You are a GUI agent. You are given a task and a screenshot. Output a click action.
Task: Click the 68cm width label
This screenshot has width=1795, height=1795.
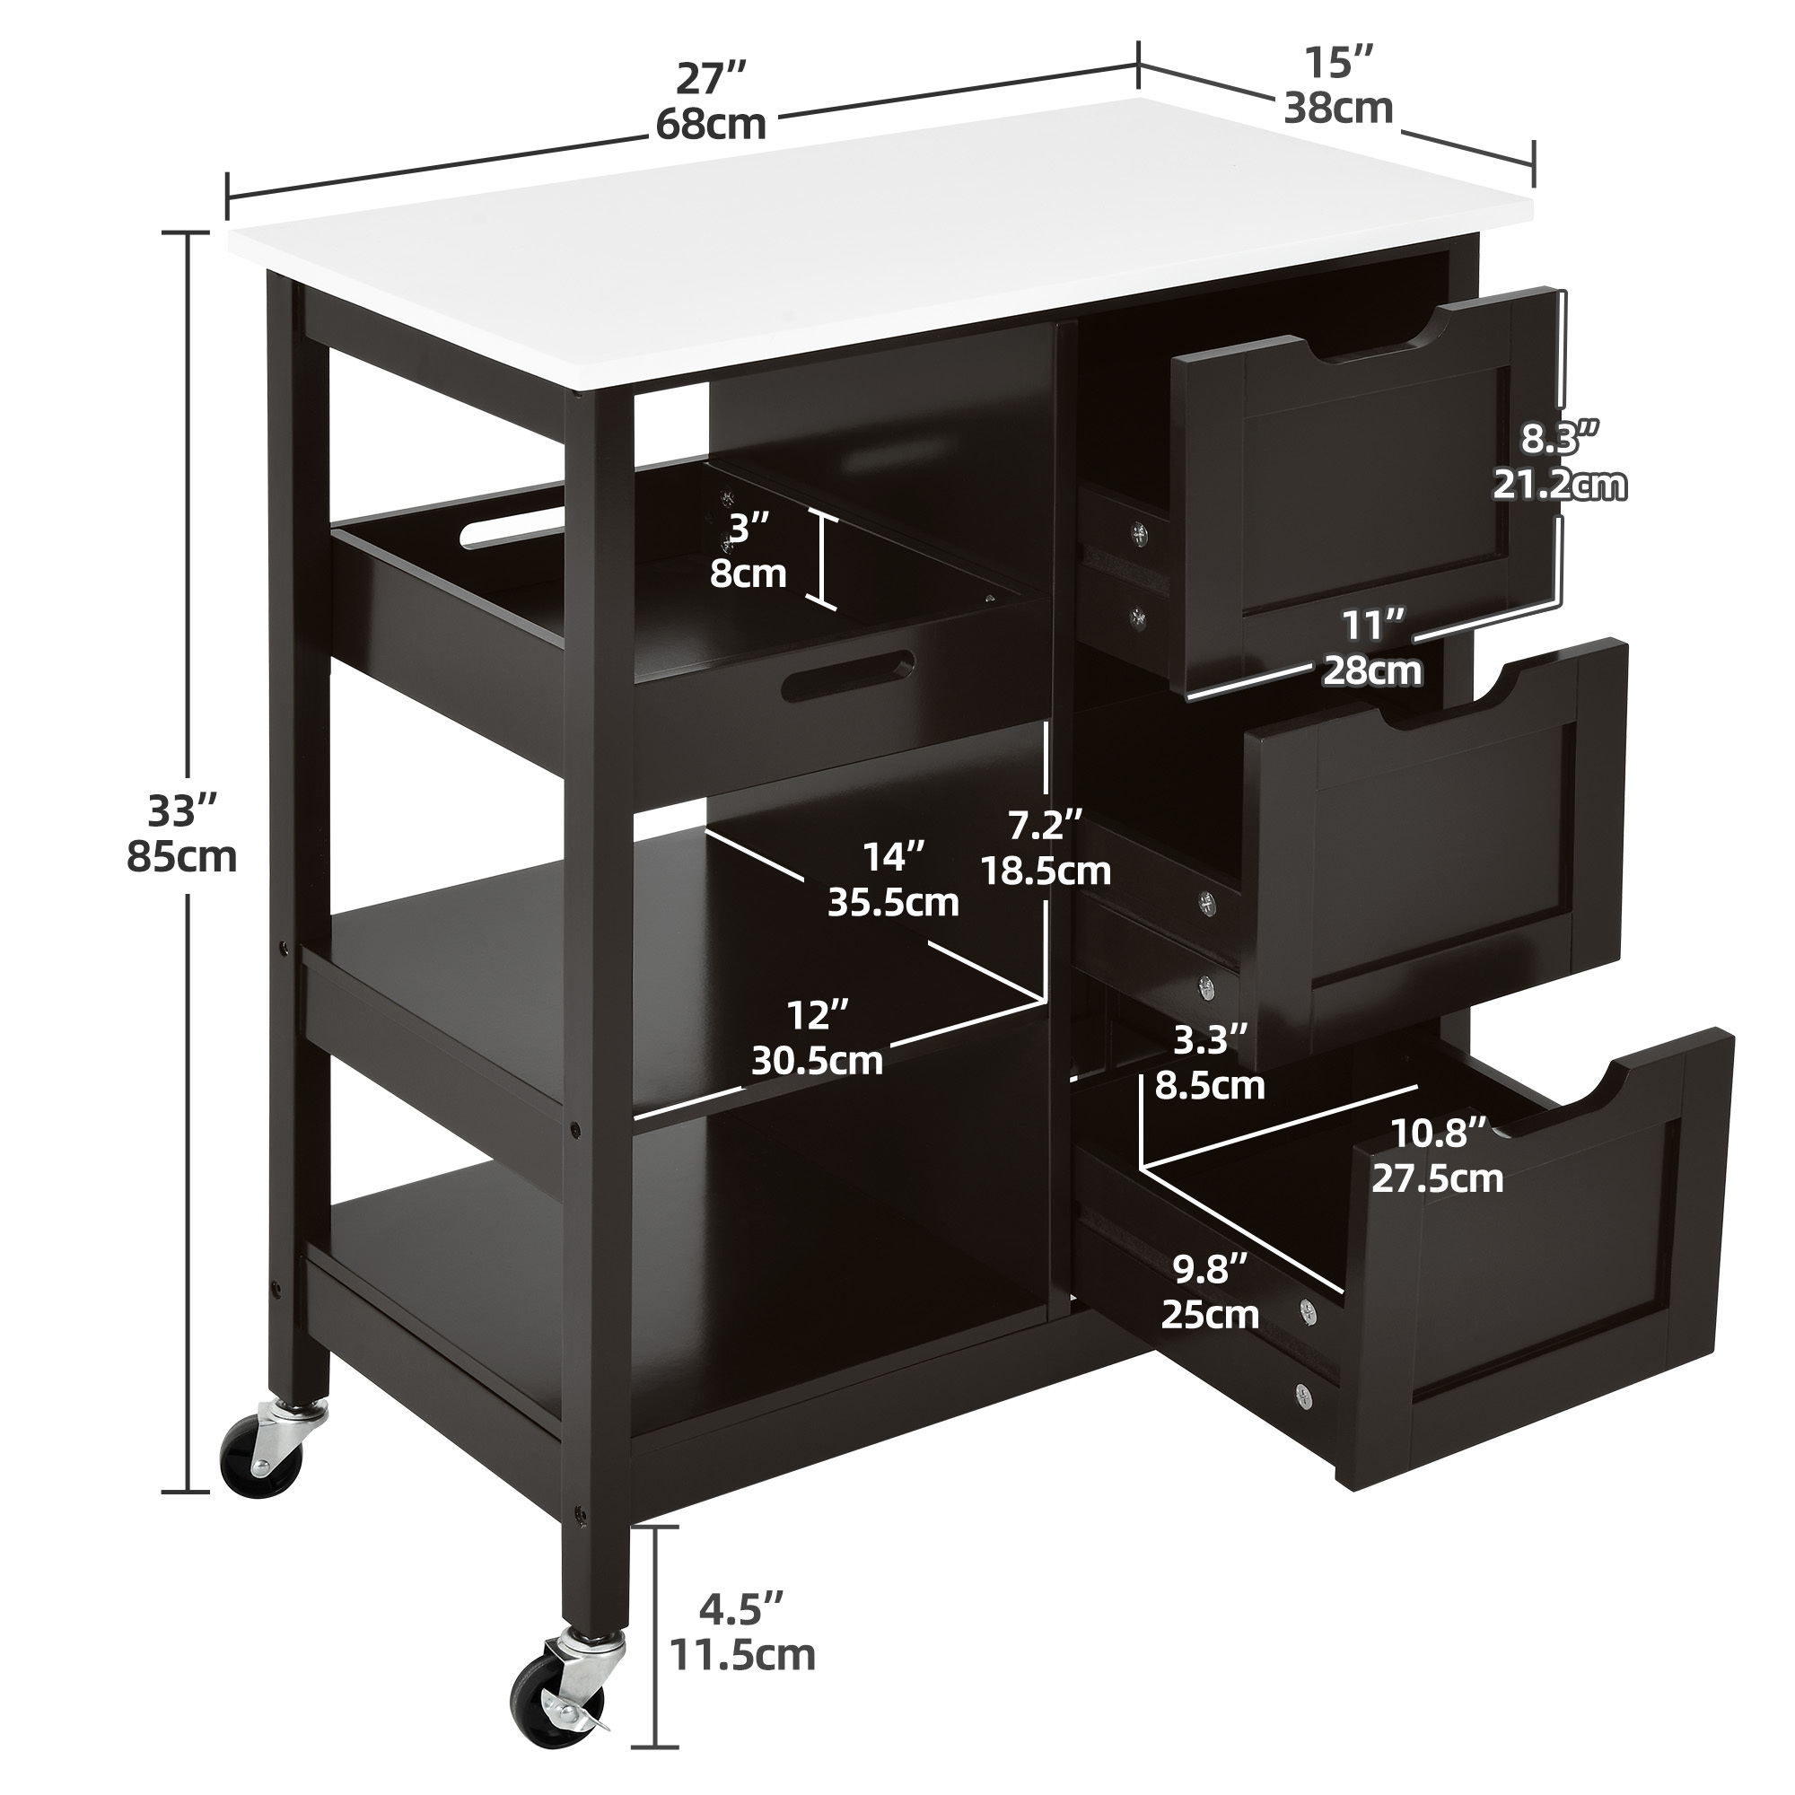(x=712, y=124)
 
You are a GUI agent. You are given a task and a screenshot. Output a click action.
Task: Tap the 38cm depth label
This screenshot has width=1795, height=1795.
(x=1339, y=109)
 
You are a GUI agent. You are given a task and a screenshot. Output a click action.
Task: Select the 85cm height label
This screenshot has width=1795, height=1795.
(x=182, y=855)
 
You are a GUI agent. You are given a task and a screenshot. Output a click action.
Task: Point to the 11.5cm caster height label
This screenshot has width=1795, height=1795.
(x=744, y=1655)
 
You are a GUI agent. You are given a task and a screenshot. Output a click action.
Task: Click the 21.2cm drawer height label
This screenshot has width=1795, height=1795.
(x=1560, y=484)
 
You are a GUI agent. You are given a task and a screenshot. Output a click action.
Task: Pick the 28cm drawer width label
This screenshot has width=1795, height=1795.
(x=1373, y=670)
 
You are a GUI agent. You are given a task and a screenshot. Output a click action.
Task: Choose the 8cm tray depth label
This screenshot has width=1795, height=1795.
(x=748, y=574)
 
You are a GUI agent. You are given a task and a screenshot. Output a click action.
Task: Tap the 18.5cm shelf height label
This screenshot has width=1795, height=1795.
(x=1046, y=871)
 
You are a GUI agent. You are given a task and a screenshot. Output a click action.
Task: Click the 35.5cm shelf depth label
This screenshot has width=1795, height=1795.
(x=893, y=902)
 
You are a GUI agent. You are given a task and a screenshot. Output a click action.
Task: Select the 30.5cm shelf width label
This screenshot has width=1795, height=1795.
(x=817, y=1060)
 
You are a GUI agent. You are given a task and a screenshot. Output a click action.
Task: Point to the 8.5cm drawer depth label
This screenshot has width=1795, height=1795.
(x=1210, y=1084)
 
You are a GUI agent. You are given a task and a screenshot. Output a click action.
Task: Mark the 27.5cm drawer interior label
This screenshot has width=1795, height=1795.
(x=1437, y=1178)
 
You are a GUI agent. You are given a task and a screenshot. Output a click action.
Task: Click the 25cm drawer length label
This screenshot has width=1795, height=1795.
(x=1210, y=1315)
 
